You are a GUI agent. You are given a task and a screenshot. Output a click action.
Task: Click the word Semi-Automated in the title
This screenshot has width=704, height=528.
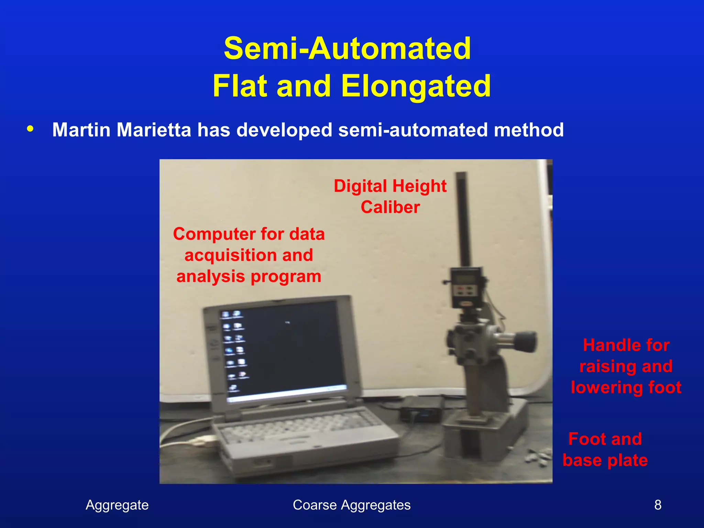(x=347, y=49)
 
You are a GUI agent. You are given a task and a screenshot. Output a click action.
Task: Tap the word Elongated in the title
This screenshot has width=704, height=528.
(x=416, y=86)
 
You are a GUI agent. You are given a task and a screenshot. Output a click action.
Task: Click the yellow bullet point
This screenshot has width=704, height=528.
(x=30, y=129)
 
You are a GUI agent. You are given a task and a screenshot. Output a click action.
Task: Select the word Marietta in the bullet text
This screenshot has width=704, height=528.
(x=153, y=130)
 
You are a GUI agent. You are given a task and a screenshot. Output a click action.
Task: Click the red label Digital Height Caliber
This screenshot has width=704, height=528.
(x=390, y=196)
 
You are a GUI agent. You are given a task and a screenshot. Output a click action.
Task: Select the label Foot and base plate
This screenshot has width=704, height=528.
(x=605, y=449)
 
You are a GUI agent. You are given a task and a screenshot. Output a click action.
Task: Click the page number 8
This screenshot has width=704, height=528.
(x=658, y=505)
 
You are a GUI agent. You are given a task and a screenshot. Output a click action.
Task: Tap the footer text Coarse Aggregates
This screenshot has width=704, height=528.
(x=351, y=505)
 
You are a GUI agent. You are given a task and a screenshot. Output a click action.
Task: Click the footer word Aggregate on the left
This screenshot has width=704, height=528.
(x=117, y=505)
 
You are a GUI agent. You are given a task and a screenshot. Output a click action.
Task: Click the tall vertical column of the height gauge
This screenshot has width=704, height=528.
(x=464, y=220)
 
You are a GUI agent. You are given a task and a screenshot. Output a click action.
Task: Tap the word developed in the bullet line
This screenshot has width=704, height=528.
(x=284, y=130)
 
